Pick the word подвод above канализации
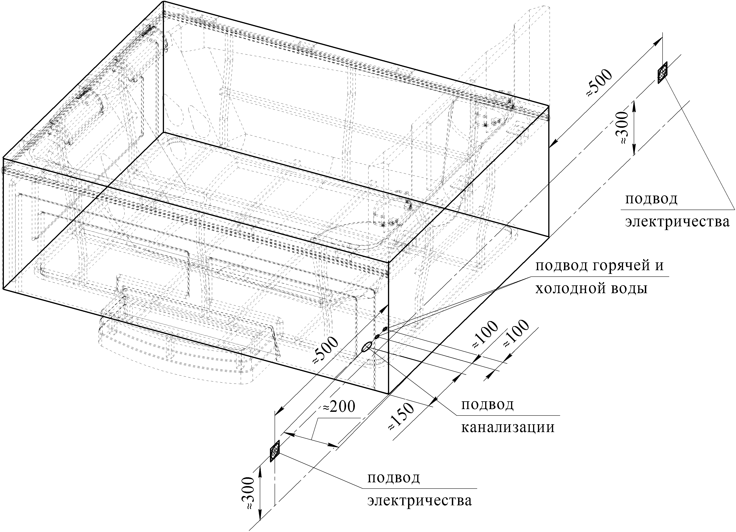coord(487,405)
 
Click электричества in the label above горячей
coord(677,222)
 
